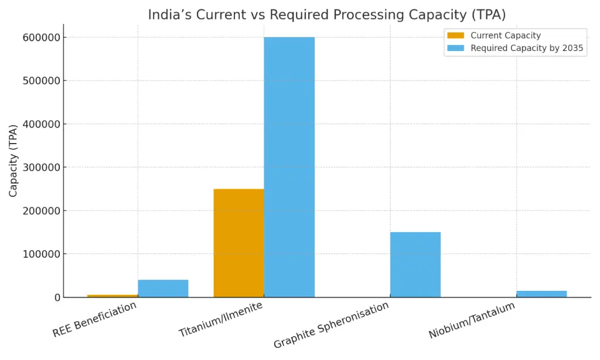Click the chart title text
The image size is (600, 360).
pyautogui.click(x=326, y=15)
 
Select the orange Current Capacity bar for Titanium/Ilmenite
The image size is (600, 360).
pyautogui.click(x=238, y=243)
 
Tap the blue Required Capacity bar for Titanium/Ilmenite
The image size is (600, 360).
pyautogui.click(x=289, y=167)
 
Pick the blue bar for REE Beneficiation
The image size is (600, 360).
pyautogui.click(x=163, y=288)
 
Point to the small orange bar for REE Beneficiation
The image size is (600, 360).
pyautogui.click(x=112, y=296)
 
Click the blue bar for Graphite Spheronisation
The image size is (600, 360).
pyautogui.click(x=415, y=264)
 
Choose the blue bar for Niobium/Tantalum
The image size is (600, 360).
pyautogui.click(x=541, y=294)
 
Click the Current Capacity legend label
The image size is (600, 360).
pyautogui.click(x=505, y=36)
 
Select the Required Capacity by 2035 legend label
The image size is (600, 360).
pyautogui.click(x=527, y=48)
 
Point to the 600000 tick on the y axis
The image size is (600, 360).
pyautogui.click(x=40, y=38)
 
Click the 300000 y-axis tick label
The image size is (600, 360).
pyautogui.click(x=40, y=168)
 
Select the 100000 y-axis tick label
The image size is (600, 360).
pyautogui.click(x=40, y=254)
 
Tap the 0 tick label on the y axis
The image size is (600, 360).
pyautogui.click(x=57, y=298)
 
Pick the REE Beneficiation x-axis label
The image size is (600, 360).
pyautogui.click(x=94, y=320)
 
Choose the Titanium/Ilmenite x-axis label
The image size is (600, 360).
pyautogui.click(x=220, y=320)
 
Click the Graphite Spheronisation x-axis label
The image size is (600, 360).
pyautogui.click(x=331, y=325)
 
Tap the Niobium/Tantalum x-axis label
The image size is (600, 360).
pyautogui.click(x=472, y=321)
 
